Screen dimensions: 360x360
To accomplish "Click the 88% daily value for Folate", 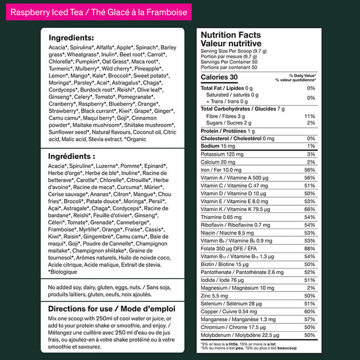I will coord(310,249).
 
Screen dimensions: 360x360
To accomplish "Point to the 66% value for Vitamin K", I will coord(310,209).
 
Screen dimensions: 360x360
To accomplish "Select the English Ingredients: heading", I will coord(71,38).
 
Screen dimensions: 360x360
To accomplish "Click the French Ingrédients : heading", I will coord(71,156).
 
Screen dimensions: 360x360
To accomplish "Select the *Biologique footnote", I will coord(63,271).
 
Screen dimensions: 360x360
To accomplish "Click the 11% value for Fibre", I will coord(310,116).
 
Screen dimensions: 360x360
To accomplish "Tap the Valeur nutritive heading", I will coord(231,44).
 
